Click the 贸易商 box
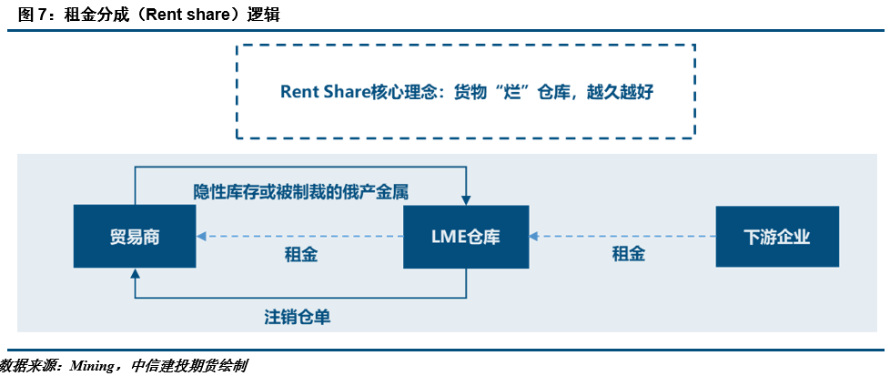[134, 237]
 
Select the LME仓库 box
[466, 237]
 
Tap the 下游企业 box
[776, 237]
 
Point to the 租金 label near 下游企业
[628, 255]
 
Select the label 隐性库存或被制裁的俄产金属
[300, 192]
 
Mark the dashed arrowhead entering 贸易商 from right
[201, 237]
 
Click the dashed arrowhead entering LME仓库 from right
[533, 237]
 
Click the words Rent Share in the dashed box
[323, 92]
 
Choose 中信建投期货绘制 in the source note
[188, 365]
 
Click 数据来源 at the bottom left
[28, 365]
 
